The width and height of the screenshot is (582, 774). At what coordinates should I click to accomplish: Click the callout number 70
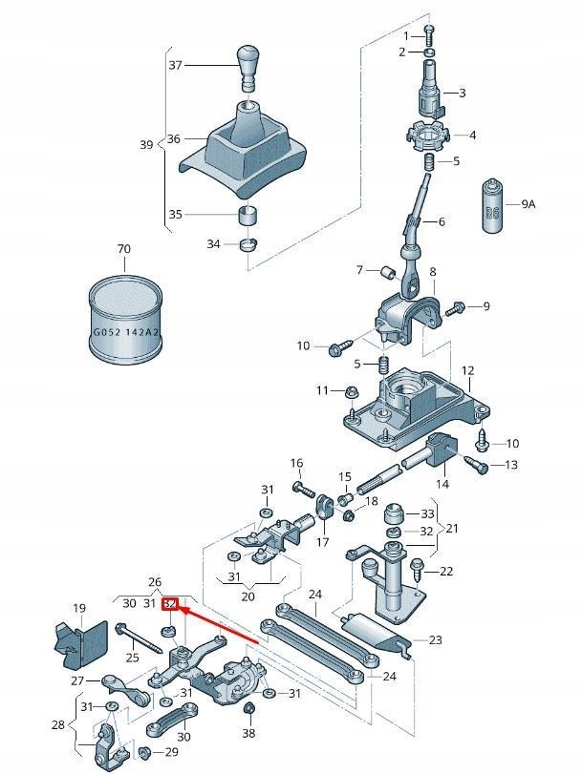tap(123, 249)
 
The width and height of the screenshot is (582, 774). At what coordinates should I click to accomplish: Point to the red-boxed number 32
tap(170, 603)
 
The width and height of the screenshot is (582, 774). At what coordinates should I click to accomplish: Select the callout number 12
tap(467, 370)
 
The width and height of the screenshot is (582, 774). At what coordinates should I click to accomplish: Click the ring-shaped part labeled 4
tap(425, 136)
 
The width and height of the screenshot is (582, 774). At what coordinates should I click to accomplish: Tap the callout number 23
tap(436, 640)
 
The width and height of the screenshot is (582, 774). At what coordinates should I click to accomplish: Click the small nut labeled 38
tap(248, 708)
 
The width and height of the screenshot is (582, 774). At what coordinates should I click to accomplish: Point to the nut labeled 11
tap(350, 390)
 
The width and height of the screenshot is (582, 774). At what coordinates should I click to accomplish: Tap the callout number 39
tap(146, 145)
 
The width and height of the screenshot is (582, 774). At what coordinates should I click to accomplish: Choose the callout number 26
tap(155, 582)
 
